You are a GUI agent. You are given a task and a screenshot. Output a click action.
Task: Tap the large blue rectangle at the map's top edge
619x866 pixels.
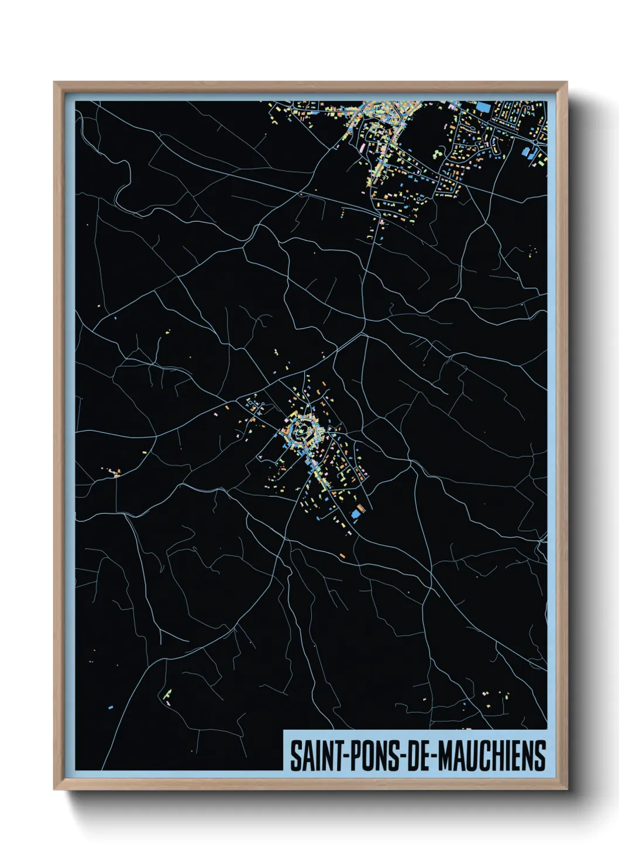[x=483, y=106]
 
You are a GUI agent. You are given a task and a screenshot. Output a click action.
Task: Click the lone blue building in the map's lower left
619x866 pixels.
[x=110, y=707]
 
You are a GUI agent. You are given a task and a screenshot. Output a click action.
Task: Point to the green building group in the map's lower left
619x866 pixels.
[x=167, y=695]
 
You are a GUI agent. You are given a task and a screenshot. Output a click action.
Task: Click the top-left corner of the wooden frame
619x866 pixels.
[x=54, y=83]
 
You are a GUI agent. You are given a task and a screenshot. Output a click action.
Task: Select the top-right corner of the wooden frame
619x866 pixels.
[x=566, y=83]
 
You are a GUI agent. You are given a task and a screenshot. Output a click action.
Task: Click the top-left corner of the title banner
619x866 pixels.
[x=284, y=731]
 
